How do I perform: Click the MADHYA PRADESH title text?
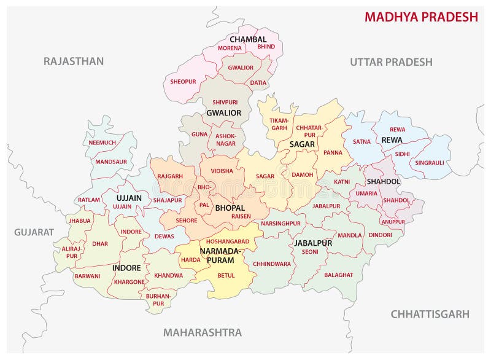click(421, 17)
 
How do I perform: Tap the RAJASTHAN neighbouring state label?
click(73, 61)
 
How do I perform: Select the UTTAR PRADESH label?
click(391, 62)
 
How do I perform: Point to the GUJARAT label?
click(34, 232)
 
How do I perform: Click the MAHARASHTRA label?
click(202, 332)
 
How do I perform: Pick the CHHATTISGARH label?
click(430, 314)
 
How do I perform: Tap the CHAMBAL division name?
click(248, 39)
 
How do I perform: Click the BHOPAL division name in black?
click(230, 208)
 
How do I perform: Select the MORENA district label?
click(230, 48)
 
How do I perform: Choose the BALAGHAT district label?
click(339, 275)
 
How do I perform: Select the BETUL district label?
click(226, 275)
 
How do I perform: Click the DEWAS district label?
click(164, 235)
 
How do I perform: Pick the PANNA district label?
click(333, 152)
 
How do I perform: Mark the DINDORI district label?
click(380, 235)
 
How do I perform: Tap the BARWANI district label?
click(87, 276)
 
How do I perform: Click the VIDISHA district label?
click(222, 171)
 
